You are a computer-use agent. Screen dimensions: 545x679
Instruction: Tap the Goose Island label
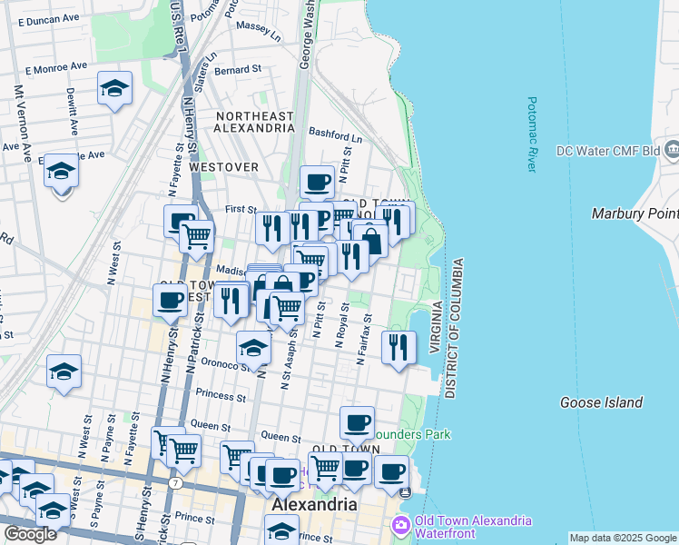point(601,402)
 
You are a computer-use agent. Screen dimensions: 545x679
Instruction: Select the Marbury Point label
point(635,213)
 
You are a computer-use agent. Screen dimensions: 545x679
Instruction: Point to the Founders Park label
point(420,435)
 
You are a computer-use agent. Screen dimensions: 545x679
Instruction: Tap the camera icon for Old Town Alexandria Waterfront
point(400,526)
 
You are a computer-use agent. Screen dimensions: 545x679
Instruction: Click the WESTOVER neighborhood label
point(223,167)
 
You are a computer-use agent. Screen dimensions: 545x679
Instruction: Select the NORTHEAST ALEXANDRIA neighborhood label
point(253,122)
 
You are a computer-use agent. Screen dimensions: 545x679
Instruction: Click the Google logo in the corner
point(30,534)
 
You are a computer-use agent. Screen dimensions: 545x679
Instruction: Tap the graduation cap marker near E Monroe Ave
point(114,89)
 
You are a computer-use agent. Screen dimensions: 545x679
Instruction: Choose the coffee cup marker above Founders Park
point(357,422)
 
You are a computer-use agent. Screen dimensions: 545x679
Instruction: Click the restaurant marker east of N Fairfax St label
point(399,347)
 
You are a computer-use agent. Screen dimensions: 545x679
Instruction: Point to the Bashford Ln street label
point(335,133)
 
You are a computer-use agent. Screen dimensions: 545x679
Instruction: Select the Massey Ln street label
point(258,34)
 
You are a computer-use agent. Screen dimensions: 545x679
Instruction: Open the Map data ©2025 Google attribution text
point(623,538)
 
